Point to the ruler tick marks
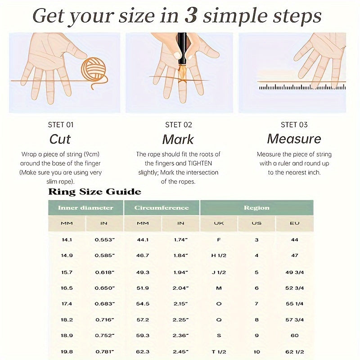click(x=302, y=87)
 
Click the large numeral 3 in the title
click(x=190, y=16)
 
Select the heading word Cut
click(x=60, y=139)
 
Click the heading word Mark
click(x=178, y=139)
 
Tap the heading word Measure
click(x=294, y=139)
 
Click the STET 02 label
click(x=178, y=125)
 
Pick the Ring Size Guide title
click(x=94, y=192)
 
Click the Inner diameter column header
click(x=85, y=208)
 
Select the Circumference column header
click(x=162, y=208)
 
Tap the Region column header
click(x=256, y=208)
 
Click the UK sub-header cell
click(x=219, y=223)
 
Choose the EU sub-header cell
click(x=295, y=223)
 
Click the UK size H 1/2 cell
click(x=219, y=256)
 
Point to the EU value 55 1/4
click(x=295, y=304)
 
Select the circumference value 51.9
click(x=143, y=288)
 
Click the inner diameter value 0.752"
click(x=105, y=335)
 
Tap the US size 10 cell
click(x=256, y=352)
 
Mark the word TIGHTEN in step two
click(x=200, y=163)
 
